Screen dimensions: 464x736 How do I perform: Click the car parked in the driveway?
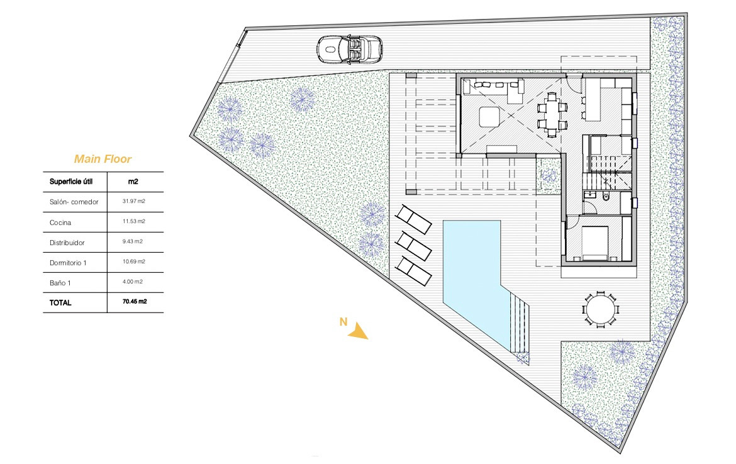[350, 48]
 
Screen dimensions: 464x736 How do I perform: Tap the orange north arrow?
[358, 331]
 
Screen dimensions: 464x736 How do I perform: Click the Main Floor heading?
[103, 159]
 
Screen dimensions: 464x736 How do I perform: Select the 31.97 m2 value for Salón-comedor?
[134, 202]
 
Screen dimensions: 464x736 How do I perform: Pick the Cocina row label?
[60, 223]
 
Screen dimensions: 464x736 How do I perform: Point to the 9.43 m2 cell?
[134, 242]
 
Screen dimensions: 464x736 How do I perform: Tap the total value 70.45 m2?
[135, 302]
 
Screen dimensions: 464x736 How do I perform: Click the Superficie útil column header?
[71, 182]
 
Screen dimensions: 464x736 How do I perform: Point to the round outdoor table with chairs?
[599, 309]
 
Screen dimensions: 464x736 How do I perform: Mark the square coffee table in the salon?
[489, 116]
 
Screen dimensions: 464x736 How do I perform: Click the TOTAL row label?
[60, 302]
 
